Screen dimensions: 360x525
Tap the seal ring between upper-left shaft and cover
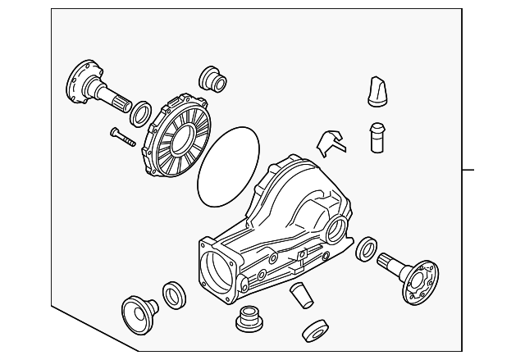pos(141,110)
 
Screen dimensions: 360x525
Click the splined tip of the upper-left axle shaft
pos(121,103)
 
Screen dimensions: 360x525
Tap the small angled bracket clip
pos(331,140)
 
